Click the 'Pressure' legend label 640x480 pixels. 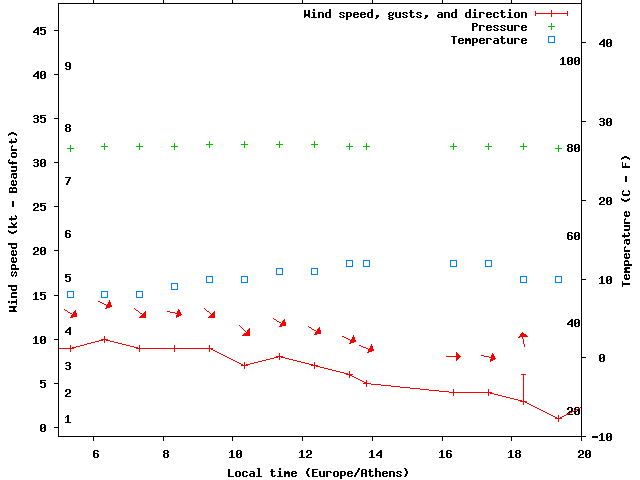[x=499, y=27]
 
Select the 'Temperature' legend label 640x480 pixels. [x=489, y=40]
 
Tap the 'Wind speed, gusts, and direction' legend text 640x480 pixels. [x=415, y=14]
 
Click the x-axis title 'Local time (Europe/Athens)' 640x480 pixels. [x=317, y=472]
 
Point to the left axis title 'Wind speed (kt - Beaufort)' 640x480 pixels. [x=14, y=223]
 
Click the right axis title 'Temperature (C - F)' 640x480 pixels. [x=626, y=218]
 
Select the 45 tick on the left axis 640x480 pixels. [x=40, y=31]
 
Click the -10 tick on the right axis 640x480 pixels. [x=603, y=437]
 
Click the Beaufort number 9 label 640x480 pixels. [x=67, y=66]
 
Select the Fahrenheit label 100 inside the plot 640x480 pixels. [x=570, y=61]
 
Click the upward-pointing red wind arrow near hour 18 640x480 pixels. [x=523, y=339]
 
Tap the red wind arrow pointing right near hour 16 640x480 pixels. [x=454, y=356]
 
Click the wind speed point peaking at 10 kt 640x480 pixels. [x=105, y=339]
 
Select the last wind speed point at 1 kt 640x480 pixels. [x=559, y=419]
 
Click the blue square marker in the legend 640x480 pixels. [x=551, y=40]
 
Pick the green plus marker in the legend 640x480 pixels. [x=551, y=27]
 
